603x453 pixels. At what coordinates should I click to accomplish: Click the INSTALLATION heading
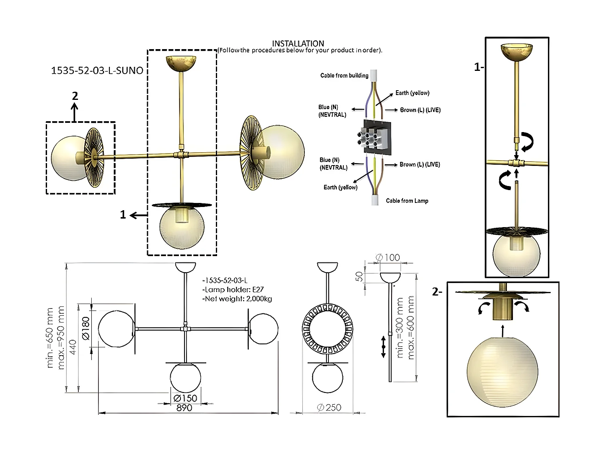298,43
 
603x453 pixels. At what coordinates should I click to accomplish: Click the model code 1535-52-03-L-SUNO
97,70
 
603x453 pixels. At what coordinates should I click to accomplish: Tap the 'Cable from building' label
344,75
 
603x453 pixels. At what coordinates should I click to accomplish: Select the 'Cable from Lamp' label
407,201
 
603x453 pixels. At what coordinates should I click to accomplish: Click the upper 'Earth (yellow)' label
412,93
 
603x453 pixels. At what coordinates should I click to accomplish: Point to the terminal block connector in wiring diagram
377,137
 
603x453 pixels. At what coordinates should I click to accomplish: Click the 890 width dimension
185,408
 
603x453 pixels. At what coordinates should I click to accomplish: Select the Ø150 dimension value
185,398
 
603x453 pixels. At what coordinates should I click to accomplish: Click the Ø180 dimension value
86,328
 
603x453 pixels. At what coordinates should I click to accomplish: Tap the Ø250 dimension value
329,407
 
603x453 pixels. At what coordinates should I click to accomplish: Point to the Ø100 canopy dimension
388,258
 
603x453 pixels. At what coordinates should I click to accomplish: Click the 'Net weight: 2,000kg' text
237,299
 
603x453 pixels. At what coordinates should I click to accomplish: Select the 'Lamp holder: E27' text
233,290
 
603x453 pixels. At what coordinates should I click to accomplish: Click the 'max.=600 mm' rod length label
411,327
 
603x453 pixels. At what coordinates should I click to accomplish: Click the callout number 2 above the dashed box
75,96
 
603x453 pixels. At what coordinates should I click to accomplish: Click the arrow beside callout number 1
139,215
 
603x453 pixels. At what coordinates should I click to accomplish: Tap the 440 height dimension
73,347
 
